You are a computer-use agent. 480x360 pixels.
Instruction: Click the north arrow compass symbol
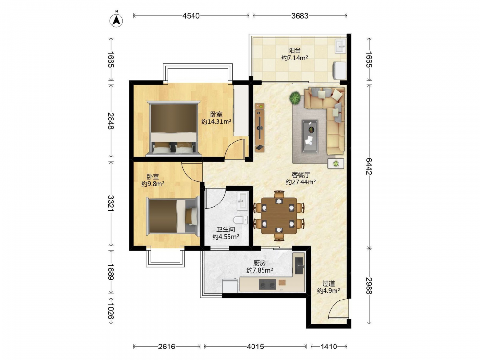(x=116, y=20)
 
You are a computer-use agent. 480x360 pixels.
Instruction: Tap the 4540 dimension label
(x=191, y=16)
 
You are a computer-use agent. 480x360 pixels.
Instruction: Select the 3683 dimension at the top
(x=300, y=16)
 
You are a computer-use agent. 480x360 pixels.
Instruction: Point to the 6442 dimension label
(x=369, y=166)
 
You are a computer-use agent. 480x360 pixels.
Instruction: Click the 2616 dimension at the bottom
(x=167, y=347)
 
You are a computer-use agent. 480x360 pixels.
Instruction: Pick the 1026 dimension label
(x=111, y=312)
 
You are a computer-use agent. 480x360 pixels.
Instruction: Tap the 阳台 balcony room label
(x=295, y=50)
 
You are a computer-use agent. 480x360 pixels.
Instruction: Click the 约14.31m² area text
(x=216, y=121)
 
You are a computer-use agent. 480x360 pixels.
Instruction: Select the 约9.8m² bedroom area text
(x=153, y=184)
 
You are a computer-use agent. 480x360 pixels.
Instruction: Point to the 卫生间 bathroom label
(x=226, y=229)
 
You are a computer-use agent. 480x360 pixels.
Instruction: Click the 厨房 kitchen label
(x=260, y=263)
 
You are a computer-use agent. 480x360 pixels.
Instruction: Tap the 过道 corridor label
(x=328, y=284)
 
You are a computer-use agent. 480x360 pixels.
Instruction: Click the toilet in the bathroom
(x=240, y=220)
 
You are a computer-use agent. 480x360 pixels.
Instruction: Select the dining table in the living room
(x=278, y=216)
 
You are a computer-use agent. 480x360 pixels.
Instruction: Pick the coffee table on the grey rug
(x=310, y=136)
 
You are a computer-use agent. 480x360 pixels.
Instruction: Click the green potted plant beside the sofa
(x=295, y=98)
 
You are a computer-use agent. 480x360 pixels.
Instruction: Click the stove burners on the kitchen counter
(x=267, y=285)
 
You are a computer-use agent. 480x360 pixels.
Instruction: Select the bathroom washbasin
(x=242, y=201)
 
